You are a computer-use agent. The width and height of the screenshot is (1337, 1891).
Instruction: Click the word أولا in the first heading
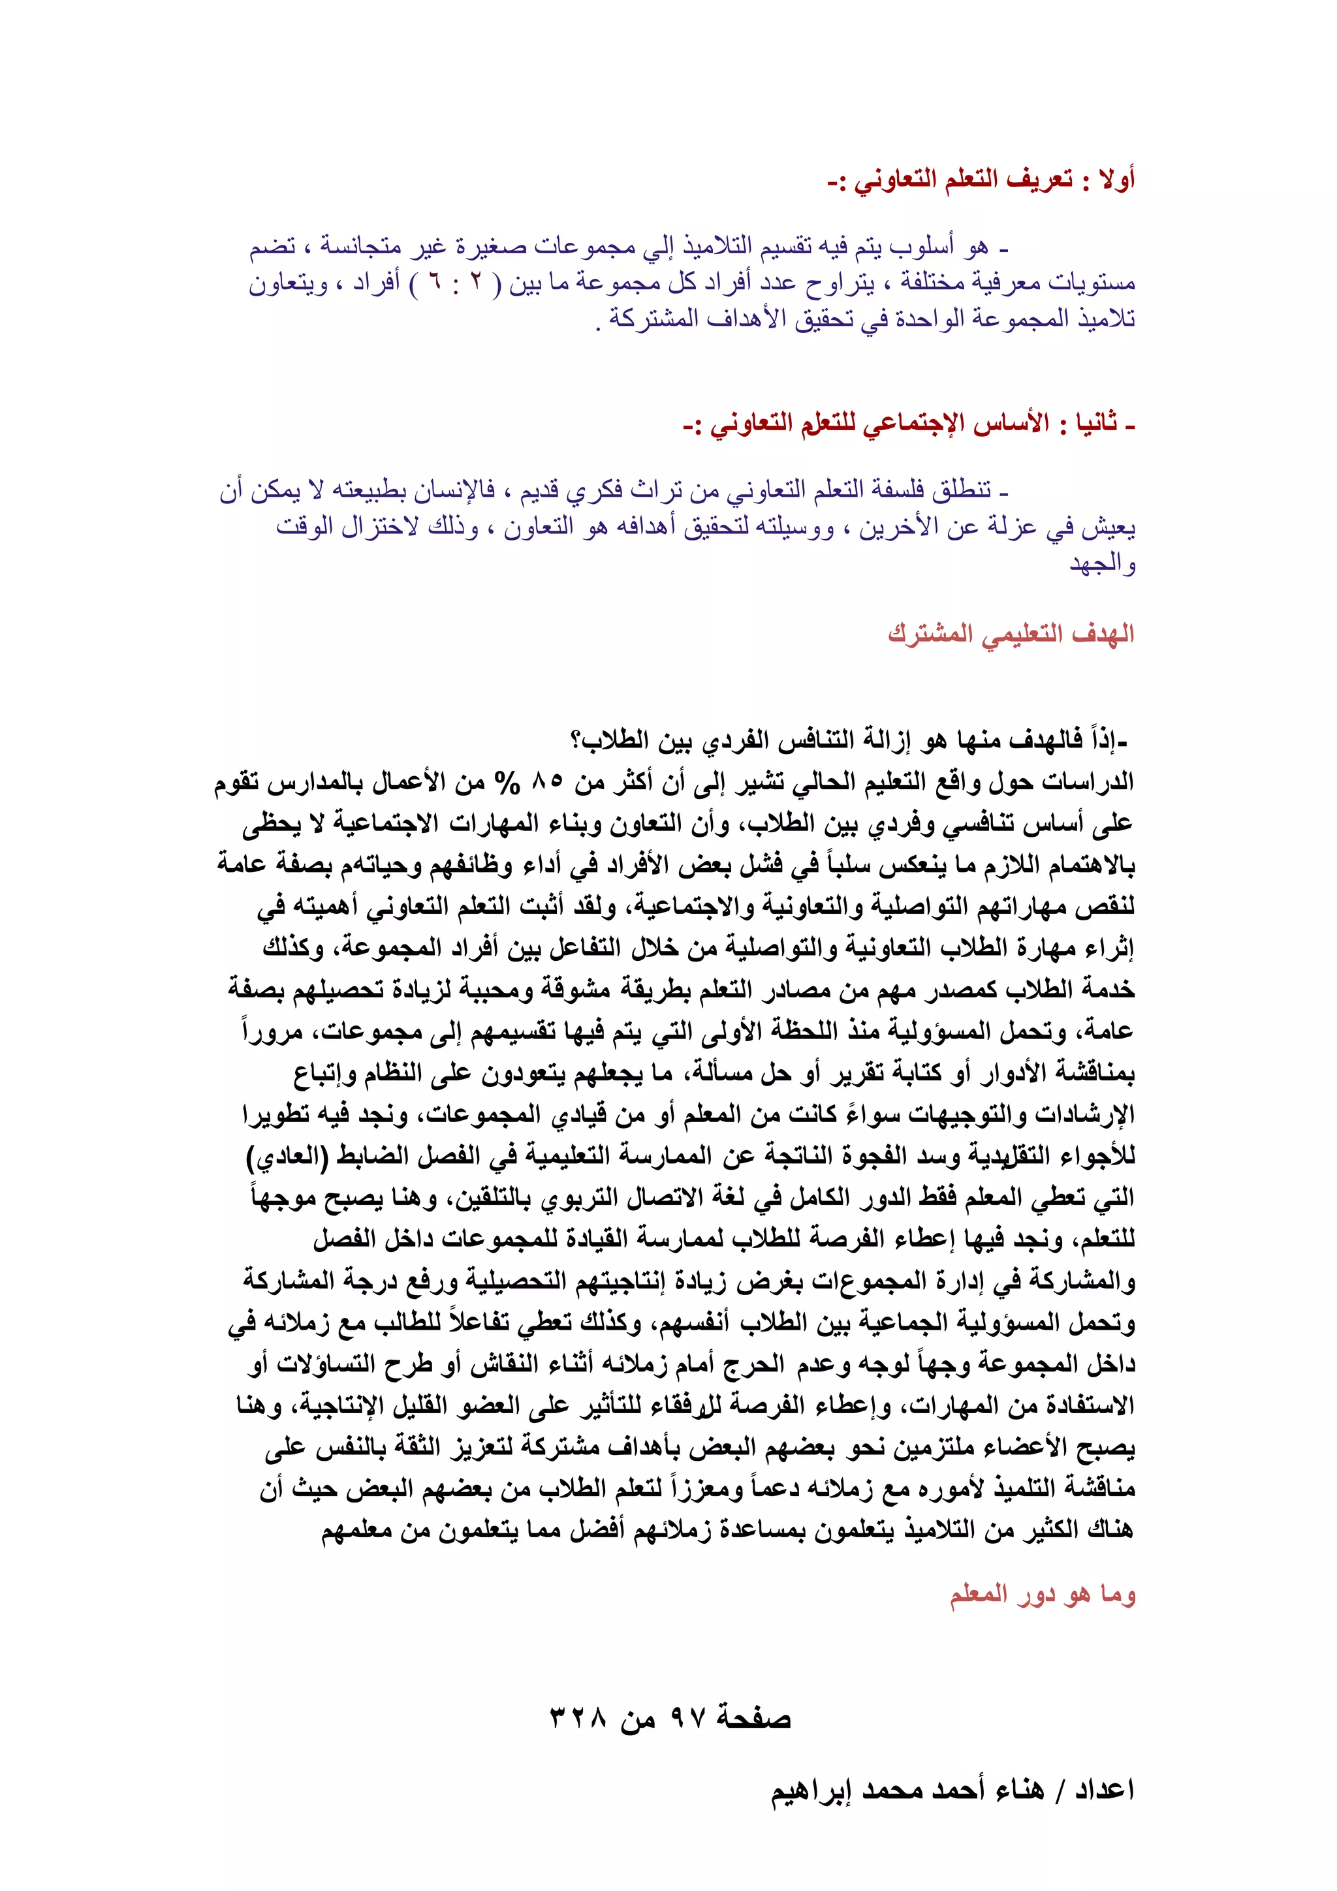point(1118,180)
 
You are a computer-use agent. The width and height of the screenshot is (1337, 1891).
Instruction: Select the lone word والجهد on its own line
point(1102,564)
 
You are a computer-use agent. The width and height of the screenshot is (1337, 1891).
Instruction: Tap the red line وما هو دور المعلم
point(1043,1595)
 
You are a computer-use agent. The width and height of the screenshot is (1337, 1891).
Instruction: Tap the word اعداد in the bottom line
point(1104,1790)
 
